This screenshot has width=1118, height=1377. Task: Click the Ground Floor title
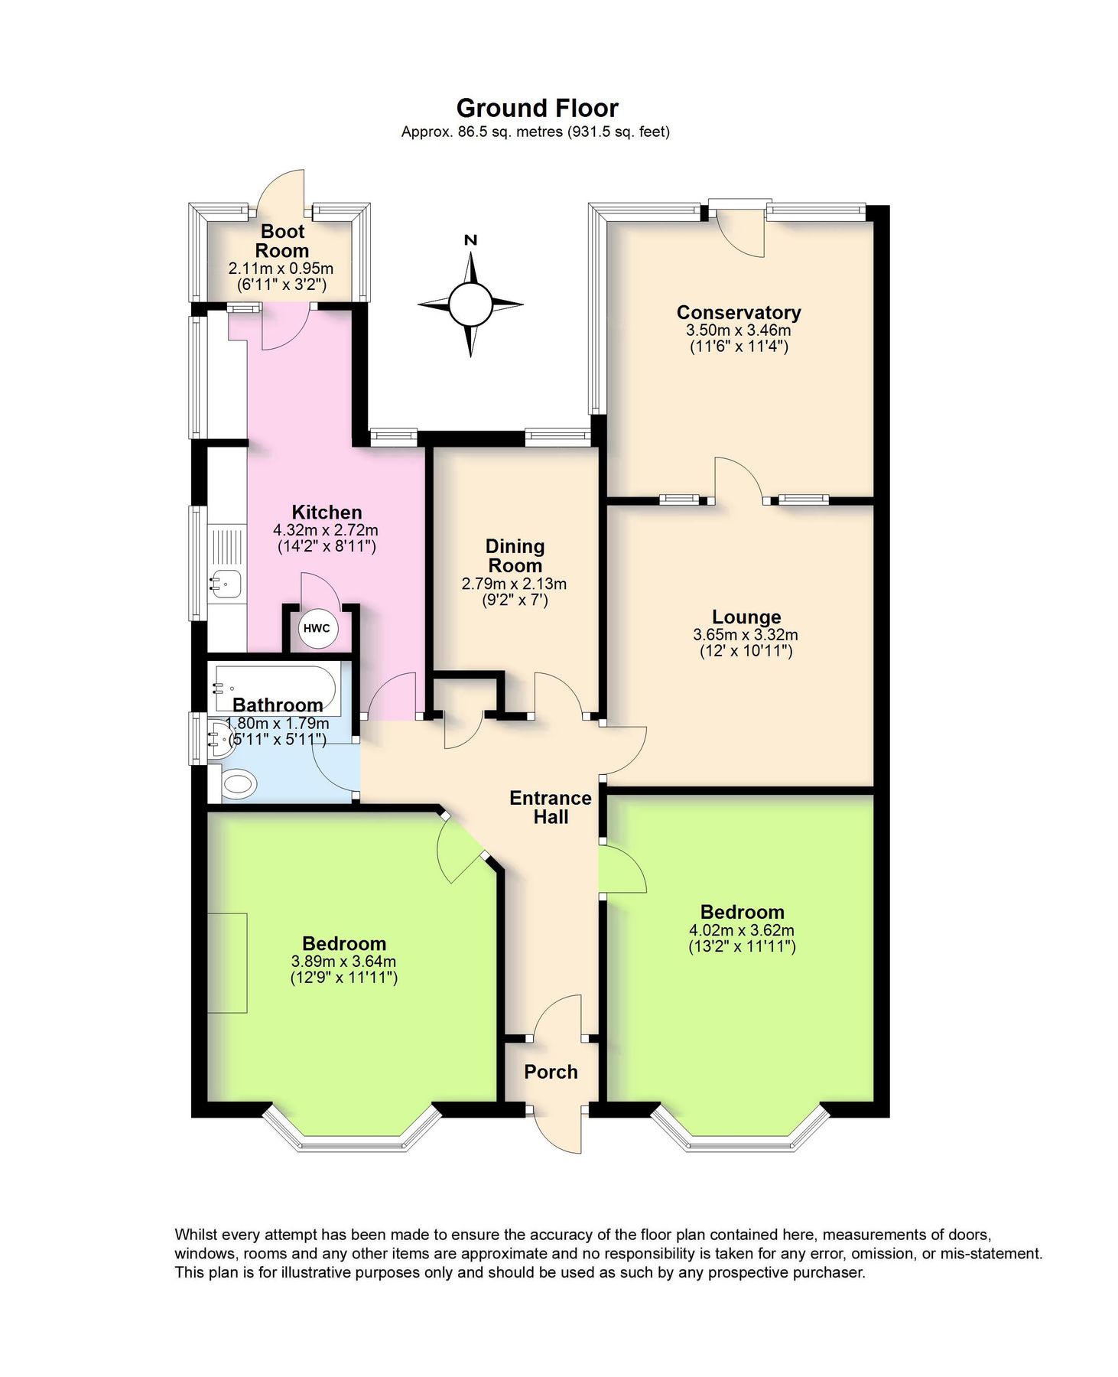coord(537,108)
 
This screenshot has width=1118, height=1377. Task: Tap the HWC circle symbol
coord(317,628)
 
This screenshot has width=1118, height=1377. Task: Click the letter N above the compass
coord(471,240)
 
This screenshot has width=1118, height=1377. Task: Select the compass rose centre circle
coord(470,304)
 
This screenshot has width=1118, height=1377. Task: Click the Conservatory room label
coord(738,312)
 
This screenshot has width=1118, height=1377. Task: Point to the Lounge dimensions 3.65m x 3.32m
coord(745,634)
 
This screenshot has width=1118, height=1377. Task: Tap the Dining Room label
coord(515,556)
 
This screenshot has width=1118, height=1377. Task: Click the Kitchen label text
coord(327,512)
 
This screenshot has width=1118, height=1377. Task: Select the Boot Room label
coord(282,241)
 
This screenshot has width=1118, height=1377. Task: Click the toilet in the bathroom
coord(238,783)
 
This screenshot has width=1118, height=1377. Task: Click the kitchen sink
coord(225,584)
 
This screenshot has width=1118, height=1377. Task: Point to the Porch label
coord(551,1072)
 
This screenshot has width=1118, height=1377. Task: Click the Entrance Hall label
coord(551,807)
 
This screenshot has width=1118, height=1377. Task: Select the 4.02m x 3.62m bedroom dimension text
coord(741,930)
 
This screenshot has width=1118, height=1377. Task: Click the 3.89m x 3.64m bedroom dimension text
coord(343,962)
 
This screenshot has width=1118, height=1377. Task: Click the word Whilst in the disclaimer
coord(197,1234)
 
